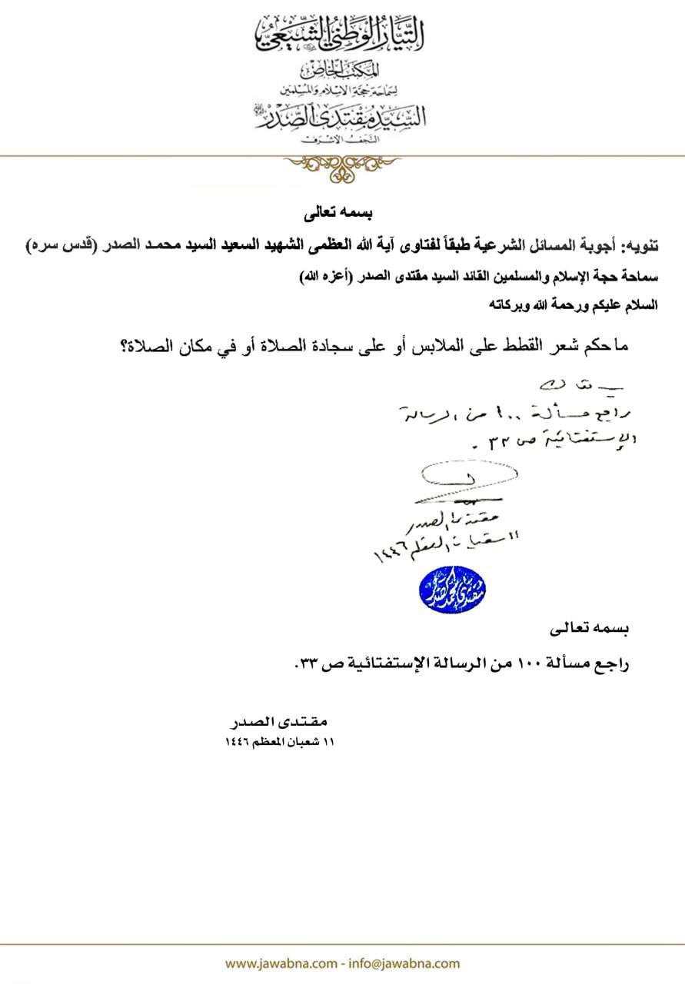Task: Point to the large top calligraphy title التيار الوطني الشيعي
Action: pos(342,35)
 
